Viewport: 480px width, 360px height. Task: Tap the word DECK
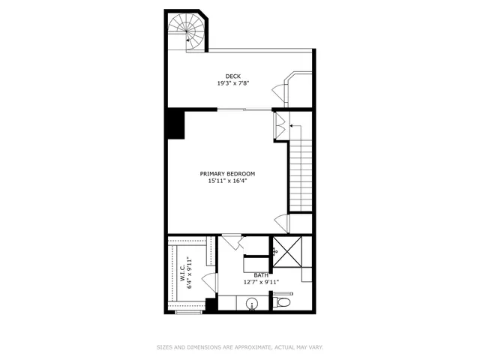[x=233, y=76]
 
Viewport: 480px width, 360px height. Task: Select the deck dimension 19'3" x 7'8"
[x=233, y=82]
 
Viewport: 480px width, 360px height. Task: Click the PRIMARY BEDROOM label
[x=227, y=173]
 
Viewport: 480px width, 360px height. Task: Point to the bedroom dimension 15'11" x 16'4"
[x=227, y=180]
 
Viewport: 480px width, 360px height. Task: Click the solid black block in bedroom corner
[x=176, y=124]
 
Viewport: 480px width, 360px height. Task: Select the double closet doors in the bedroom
[x=279, y=125]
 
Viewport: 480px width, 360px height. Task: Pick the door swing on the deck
[x=280, y=91]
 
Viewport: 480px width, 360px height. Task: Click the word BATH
[x=260, y=275]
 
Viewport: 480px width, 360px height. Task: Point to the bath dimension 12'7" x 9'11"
[x=260, y=282]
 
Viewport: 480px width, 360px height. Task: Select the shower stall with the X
[x=286, y=253]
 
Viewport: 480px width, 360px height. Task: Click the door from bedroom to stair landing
[x=281, y=223]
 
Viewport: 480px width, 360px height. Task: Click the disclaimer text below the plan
[x=239, y=347]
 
